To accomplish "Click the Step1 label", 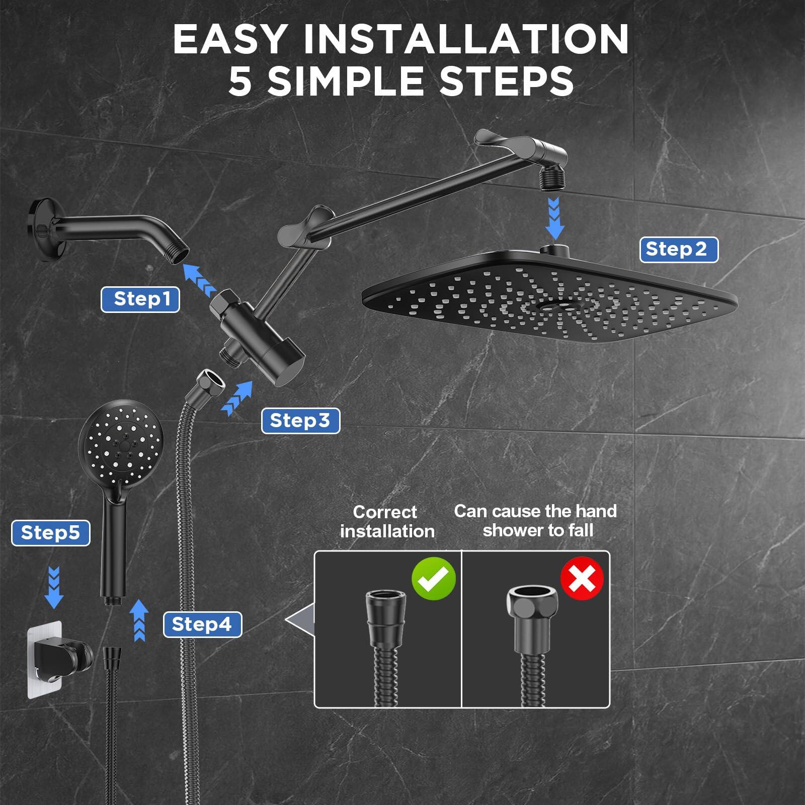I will point(140,299).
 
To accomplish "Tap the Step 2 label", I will point(678,250).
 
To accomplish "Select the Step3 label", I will point(300,421).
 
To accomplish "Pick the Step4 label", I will point(202,624).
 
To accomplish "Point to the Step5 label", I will point(51,533).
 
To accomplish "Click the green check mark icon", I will point(433,579).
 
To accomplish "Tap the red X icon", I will point(582,579).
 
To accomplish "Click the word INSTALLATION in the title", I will point(465,39).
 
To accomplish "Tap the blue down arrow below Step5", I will point(54,588).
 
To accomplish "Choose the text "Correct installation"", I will point(386,522).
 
